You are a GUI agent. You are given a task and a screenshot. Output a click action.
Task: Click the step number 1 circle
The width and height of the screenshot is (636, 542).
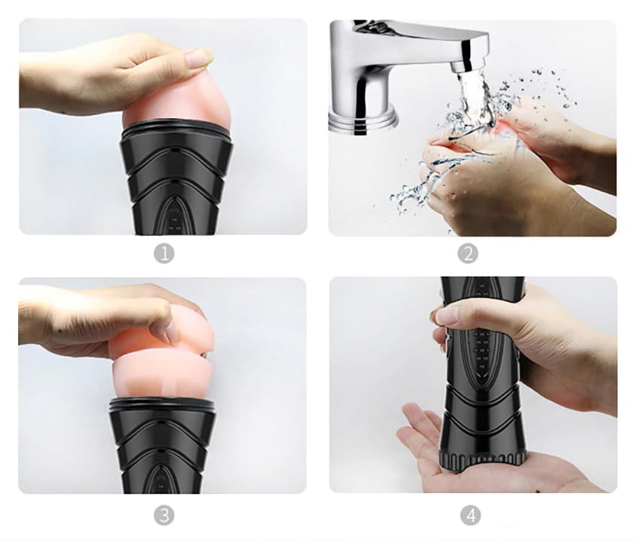tap(164, 254)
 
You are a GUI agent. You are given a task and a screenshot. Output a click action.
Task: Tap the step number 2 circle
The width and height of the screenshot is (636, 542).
tap(468, 254)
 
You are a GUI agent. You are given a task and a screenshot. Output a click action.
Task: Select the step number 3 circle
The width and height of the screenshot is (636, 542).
tap(164, 516)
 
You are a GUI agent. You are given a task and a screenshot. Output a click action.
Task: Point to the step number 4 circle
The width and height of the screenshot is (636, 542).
tap(470, 516)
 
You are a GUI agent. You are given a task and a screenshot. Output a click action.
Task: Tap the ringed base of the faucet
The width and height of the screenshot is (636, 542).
tap(362, 119)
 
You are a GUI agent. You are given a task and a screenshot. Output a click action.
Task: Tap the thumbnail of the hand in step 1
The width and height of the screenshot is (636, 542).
tap(197, 58)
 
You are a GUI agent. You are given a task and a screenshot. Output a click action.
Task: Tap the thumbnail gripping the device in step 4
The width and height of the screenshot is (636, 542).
tap(445, 315)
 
